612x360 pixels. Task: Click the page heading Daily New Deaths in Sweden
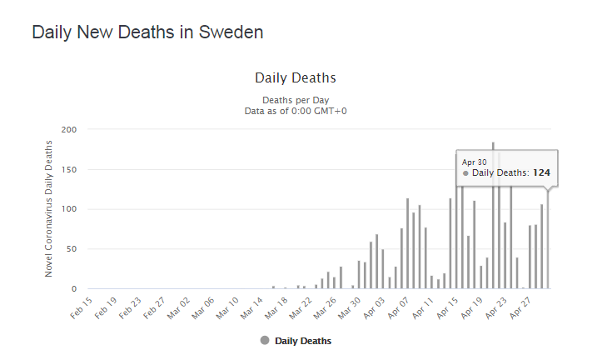(147, 32)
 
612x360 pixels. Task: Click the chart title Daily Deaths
(295, 77)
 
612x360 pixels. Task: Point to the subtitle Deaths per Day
(296, 100)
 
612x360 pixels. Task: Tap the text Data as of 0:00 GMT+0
(296, 111)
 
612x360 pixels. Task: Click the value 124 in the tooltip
(541, 173)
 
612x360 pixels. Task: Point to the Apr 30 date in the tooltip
(474, 162)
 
